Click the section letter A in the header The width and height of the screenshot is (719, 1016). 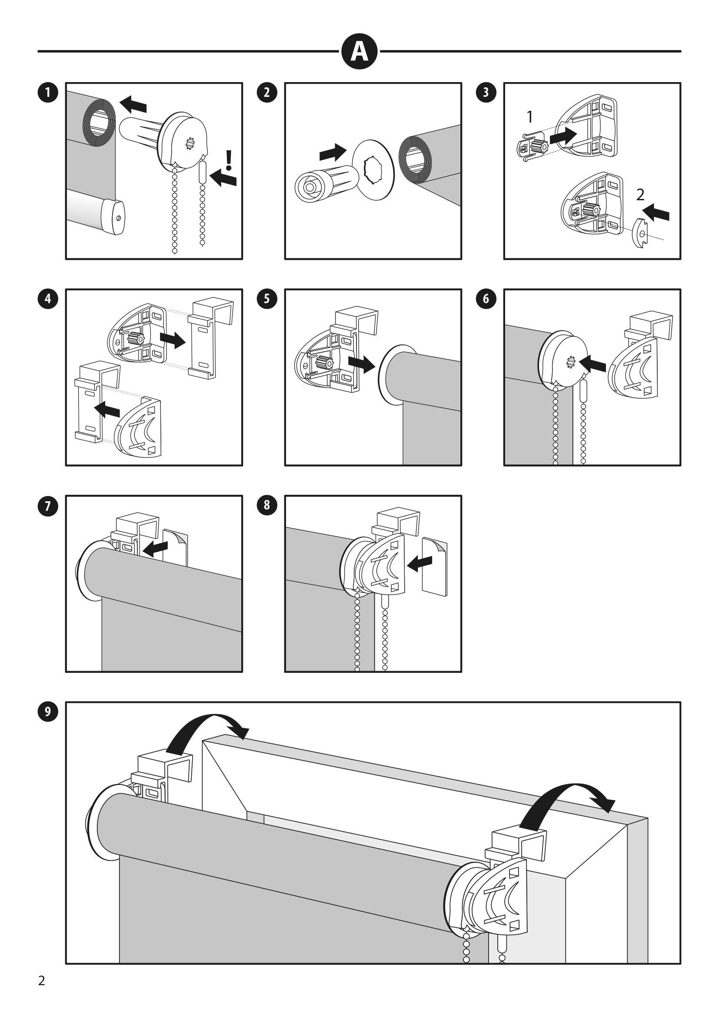click(359, 52)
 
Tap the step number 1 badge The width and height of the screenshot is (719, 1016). click(48, 93)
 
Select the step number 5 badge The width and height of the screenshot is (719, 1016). click(266, 299)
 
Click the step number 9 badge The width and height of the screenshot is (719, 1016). click(48, 712)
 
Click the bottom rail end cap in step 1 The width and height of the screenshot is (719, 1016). click(113, 217)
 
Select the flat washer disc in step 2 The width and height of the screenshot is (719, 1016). click(373, 170)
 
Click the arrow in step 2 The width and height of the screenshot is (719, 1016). click(333, 152)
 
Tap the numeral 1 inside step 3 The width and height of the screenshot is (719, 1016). click(529, 117)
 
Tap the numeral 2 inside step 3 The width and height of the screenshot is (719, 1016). click(640, 195)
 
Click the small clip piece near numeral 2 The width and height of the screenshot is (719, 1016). click(640, 233)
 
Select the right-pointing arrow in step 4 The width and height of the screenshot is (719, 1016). click(172, 340)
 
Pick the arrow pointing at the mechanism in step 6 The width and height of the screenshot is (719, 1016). click(593, 364)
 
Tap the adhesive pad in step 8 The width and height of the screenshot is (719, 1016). click(435, 566)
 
